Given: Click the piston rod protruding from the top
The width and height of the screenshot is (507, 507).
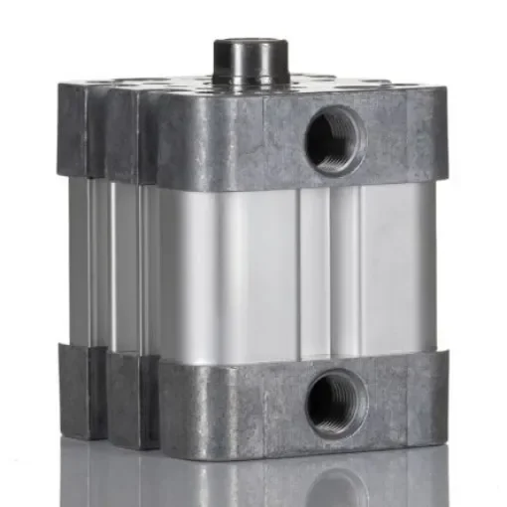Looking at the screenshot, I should tap(250, 62).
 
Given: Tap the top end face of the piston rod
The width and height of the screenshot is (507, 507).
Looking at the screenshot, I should tap(250, 44).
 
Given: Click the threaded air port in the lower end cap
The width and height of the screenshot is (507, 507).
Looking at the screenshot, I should tap(335, 403).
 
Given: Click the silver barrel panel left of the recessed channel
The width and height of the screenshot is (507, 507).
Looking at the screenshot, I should tap(229, 268).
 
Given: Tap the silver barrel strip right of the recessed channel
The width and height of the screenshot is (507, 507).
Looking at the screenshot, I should tap(388, 268).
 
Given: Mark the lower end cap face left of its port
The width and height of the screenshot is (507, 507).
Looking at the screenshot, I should tap(229, 403).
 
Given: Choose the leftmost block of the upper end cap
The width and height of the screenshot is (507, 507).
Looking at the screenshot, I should tap(76, 129).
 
